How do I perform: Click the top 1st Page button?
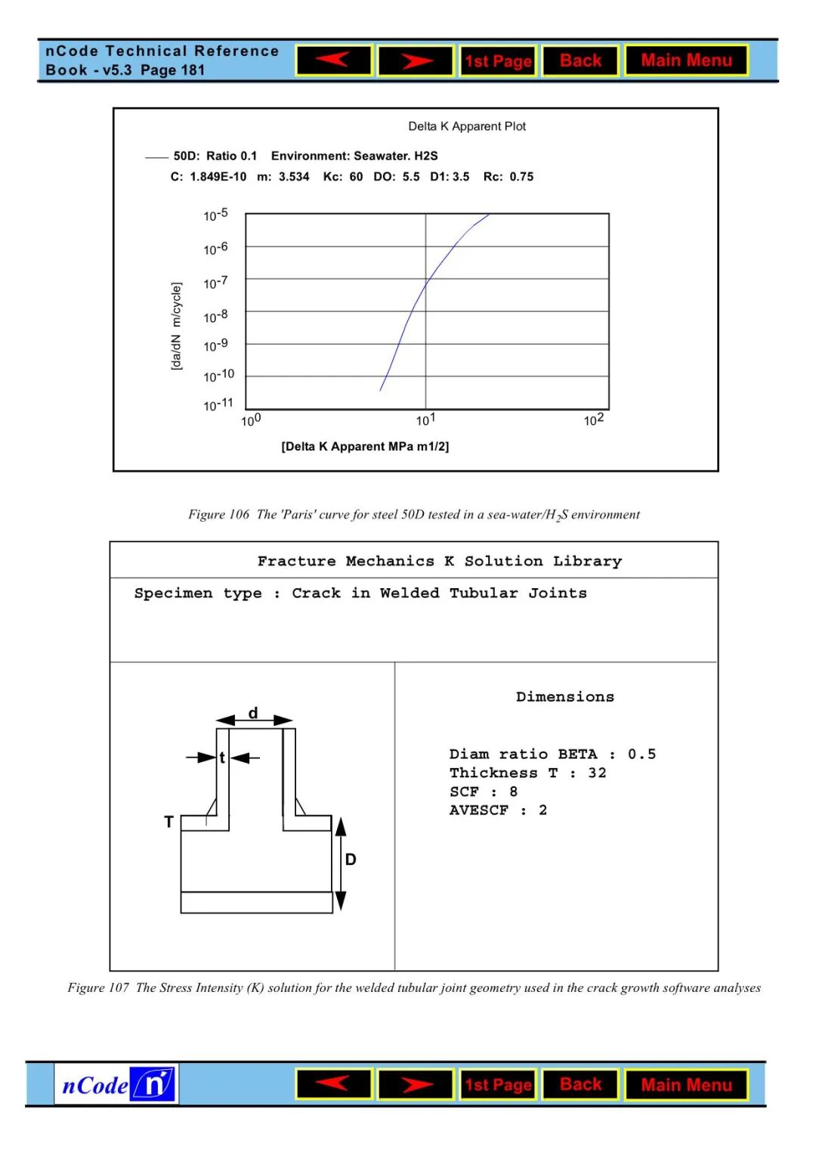(x=498, y=61)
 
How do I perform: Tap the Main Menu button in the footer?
(x=686, y=1085)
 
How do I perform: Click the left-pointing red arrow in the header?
(x=334, y=60)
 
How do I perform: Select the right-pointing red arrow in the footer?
(x=416, y=1085)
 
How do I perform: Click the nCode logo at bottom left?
(x=116, y=1085)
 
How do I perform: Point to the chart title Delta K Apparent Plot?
(x=467, y=126)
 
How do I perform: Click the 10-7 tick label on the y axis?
(x=215, y=283)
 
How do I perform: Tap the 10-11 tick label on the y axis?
(x=218, y=404)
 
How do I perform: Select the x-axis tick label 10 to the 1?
(x=425, y=420)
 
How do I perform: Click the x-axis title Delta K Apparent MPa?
(x=365, y=447)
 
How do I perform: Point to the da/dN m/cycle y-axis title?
(x=176, y=327)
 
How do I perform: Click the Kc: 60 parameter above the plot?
(x=343, y=177)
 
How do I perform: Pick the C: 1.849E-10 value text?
(x=209, y=177)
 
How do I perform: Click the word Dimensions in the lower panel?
(x=565, y=697)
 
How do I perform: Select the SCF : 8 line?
(x=484, y=792)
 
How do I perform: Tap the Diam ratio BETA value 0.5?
(x=641, y=754)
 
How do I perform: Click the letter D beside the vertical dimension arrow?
(x=351, y=860)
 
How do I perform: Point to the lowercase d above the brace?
(x=253, y=713)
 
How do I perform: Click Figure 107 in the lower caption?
(x=98, y=988)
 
